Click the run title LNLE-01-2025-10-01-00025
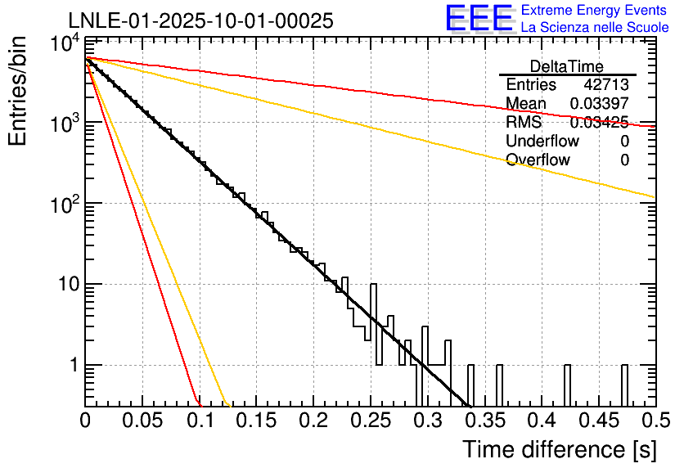coord(200,21)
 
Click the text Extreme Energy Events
coord(595,11)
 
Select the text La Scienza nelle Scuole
coord(595,27)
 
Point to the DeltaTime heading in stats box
coord(566,66)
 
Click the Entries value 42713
coord(605,85)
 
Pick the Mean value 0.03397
coord(599,104)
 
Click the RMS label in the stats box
coord(524,123)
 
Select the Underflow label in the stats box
coord(542,142)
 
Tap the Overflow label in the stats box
coord(538,160)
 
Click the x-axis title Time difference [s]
coord(559,449)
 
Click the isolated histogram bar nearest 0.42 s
coord(567,385)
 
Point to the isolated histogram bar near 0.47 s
coord(624,385)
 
